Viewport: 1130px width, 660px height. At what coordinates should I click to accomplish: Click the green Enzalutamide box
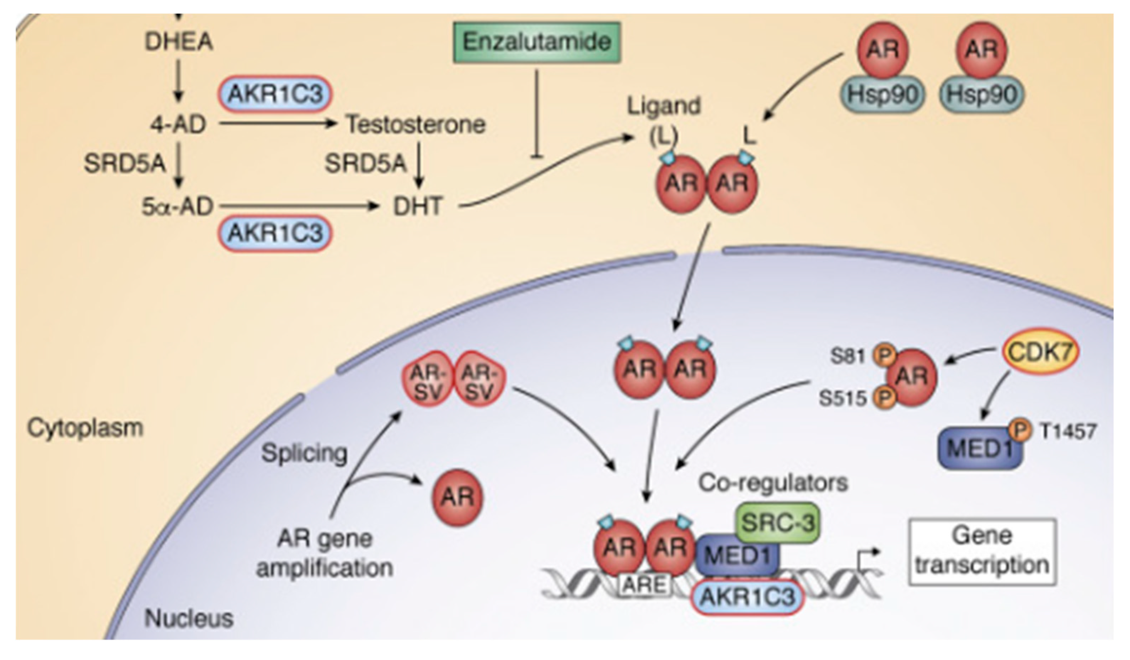tap(537, 42)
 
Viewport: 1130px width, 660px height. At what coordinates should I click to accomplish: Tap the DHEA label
tap(178, 42)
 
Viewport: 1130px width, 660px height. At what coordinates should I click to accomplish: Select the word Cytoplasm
tap(85, 428)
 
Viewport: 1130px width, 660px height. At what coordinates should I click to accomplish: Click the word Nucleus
tap(189, 619)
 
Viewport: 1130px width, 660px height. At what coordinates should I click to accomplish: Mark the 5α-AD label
tap(177, 207)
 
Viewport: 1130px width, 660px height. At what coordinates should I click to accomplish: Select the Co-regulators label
tap(773, 483)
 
